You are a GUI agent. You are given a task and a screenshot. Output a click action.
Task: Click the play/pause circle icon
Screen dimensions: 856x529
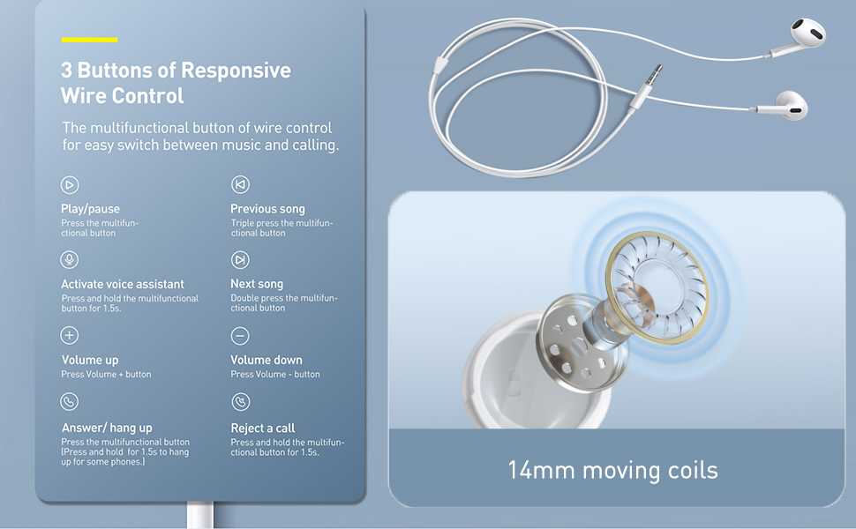point(70,185)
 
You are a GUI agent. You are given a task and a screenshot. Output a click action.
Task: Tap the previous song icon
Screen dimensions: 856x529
point(240,185)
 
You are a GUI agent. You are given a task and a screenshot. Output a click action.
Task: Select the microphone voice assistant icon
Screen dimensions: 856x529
point(70,259)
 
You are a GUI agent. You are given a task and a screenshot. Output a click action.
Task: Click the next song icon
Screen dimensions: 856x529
point(240,260)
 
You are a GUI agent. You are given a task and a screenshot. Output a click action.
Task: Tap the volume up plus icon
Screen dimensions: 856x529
point(70,335)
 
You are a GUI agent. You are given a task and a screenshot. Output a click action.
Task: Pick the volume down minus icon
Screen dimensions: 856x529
point(240,336)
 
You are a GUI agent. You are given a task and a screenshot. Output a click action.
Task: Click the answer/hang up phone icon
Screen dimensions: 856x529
point(70,402)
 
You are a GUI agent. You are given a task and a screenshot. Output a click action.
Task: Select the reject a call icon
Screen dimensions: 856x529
point(241,402)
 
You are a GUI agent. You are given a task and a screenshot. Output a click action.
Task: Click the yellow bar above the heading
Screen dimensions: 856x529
point(89,40)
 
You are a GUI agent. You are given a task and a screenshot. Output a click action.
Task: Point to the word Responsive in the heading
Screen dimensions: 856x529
point(236,71)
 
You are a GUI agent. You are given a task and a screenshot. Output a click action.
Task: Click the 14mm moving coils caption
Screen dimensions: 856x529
point(612,470)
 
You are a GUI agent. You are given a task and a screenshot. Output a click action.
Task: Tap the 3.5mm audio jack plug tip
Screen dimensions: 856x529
point(661,66)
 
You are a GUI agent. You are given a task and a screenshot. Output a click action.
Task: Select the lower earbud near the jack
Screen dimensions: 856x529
point(791,105)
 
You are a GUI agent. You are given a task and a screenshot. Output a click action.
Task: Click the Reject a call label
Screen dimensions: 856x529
point(263,428)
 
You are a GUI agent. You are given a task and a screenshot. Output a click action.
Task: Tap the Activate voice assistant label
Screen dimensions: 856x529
point(123,284)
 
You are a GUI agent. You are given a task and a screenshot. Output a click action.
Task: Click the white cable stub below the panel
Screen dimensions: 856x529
point(200,516)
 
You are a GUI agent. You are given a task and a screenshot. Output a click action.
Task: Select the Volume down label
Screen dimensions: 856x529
point(266,360)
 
